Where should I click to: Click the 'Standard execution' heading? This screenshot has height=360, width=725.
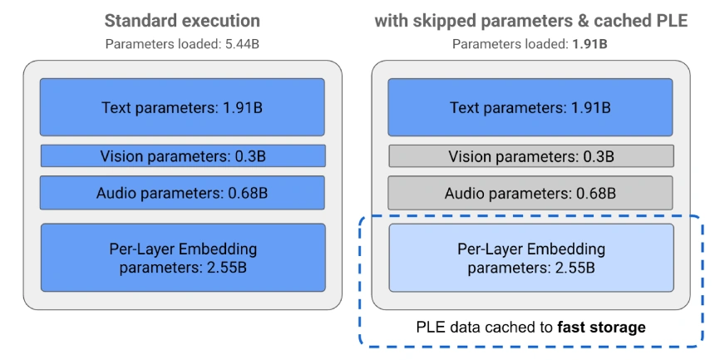182,20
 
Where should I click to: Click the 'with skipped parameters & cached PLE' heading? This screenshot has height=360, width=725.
530,20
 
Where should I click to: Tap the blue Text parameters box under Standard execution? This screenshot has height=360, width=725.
182,107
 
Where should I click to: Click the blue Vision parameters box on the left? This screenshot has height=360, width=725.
182,155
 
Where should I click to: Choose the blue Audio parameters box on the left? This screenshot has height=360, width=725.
182,194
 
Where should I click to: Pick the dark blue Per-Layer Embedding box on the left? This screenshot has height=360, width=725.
182,257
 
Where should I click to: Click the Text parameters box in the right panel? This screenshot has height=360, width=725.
530,107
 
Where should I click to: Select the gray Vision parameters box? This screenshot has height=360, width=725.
530,155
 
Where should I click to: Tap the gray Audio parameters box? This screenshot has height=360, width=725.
530,194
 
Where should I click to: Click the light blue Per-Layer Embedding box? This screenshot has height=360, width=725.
530,257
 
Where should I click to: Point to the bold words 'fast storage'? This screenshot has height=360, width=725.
601,327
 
